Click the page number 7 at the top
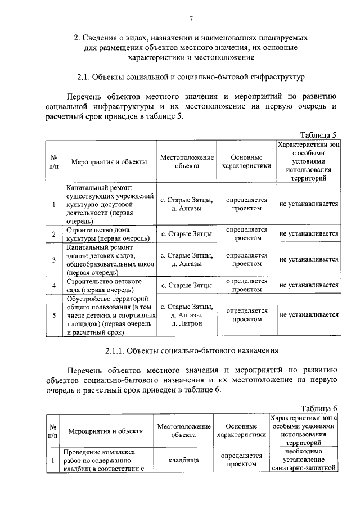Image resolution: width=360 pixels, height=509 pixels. tap(191, 20)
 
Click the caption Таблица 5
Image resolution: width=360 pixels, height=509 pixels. tap(318, 135)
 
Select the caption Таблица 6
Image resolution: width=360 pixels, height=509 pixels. tap(318, 408)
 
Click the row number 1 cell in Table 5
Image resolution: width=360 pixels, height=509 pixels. tap(53, 205)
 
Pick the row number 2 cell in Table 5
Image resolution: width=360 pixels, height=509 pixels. tap(53, 234)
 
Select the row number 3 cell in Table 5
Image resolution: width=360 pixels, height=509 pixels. tap(53, 259)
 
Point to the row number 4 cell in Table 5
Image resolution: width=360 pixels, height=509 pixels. tap(53, 286)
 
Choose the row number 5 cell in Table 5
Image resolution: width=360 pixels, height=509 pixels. tap(53, 316)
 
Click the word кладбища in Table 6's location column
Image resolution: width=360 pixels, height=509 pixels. tap(184, 460)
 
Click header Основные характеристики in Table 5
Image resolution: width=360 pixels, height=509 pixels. tap(246, 162)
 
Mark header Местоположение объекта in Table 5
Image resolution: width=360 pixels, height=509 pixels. tap(187, 162)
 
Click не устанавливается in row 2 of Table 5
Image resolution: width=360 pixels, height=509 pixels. tap(308, 234)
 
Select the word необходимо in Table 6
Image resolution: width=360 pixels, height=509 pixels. tap(303, 451)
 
